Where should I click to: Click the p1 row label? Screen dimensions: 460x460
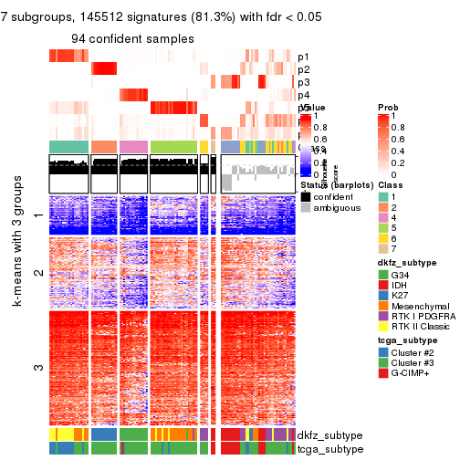click(303, 57)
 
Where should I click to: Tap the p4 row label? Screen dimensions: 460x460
click(303, 95)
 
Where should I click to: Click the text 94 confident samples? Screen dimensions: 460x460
click(133, 38)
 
